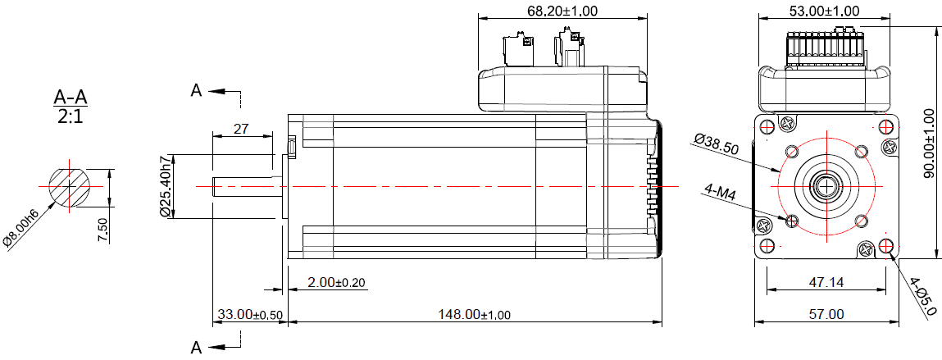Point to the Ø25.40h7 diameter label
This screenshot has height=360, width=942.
tap(165, 186)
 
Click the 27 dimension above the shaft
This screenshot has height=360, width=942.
tap(242, 129)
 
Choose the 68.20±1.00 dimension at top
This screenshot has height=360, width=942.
tap(562, 11)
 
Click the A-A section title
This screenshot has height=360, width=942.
tap(71, 97)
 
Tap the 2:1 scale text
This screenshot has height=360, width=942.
tap(71, 116)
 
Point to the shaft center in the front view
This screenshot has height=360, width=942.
tap(825, 186)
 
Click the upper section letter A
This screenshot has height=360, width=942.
tap(197, 90)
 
